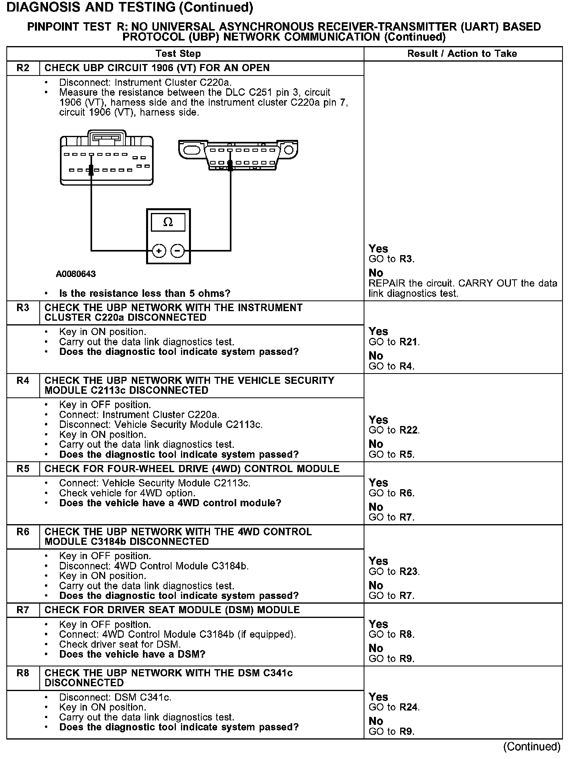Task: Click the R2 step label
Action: (x=23, y=68)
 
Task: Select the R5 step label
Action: (x=23, y=469)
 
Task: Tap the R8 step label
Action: (x=23, y=673)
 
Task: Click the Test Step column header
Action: (x=178, y=54)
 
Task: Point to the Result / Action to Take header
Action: (x=462, y=54)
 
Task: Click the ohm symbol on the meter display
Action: (x=168, y=223)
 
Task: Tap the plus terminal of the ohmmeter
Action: (x=159, y=251)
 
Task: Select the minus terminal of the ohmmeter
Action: (x=177, y=251)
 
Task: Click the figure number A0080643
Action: (x=76, y=274)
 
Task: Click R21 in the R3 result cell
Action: (x=409, y=342)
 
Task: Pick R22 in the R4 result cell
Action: (x=409, y=430)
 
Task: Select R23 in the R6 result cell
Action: (x=409, y=572)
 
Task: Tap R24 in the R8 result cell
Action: (x=409, y=707)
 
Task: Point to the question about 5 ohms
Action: (x=144, y=294)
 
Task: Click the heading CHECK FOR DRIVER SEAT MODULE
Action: (x=172, y=610)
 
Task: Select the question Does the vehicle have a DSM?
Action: (x=132, y=654)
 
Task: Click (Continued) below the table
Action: (x=532, y=747)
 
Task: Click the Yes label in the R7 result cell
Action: (x=378, y=624)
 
